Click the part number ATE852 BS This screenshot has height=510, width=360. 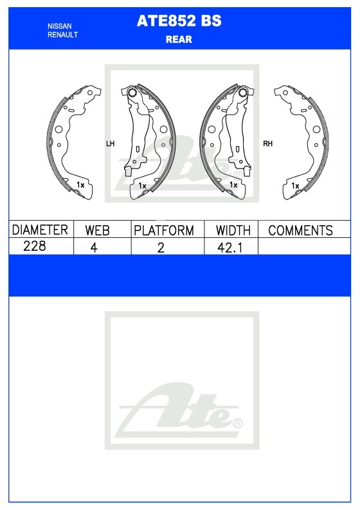(x=179, y=21)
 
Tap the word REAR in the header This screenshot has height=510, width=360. (x=179, y=39)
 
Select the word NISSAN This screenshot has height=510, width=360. (x=60, y=26)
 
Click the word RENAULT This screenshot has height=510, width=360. (x=63, y=35)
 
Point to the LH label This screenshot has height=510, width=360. (x=110, y=143)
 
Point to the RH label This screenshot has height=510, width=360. (x=267, y=143)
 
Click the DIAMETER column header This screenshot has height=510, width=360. (x=40, y=230)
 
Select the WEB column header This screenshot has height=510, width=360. (x=97, y=230)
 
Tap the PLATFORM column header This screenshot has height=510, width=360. (x=164, y=230)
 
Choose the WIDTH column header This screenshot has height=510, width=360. (x=233, y=230)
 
